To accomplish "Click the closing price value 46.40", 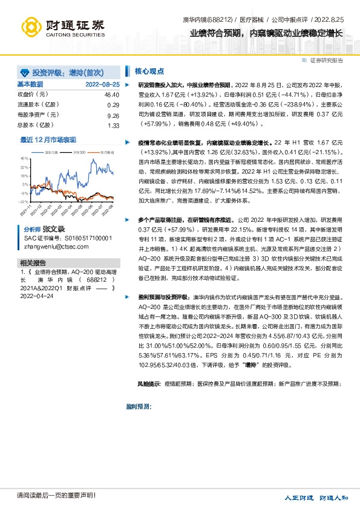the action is pyautogui.click(x=111, y=94).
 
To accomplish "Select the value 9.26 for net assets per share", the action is pyautogui.click(x=113, y=115).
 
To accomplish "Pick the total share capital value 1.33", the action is pyautogui.click(x=113, y=125).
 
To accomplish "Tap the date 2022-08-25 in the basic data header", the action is pyautogui.click(x=102, y=84).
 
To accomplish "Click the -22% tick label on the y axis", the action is pyautogui.click(x=23, y=201).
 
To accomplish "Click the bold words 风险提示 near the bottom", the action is pyautogui.click(x=148, y=384).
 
